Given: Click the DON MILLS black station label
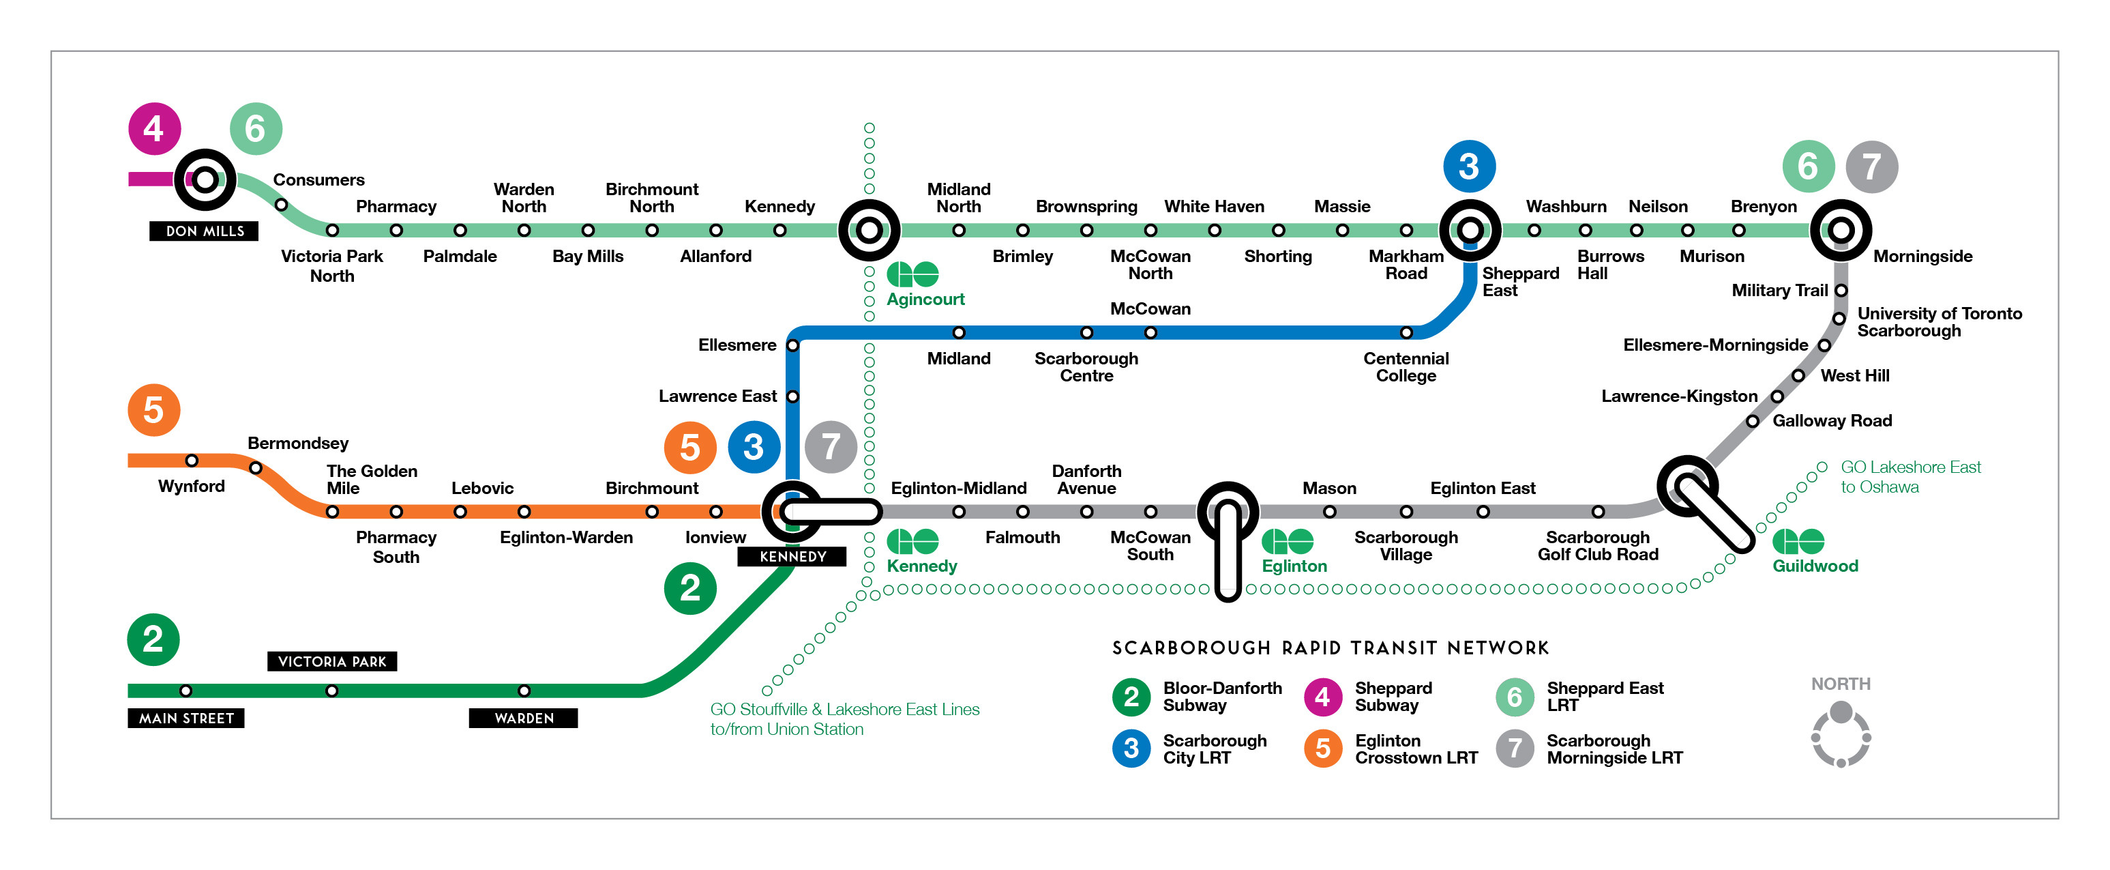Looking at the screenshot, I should click(x=204, y=231).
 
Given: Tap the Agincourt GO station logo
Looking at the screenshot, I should click(x=912, y=274).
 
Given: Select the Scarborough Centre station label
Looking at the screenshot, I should click(x=1086, y=367).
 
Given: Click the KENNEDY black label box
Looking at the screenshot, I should click(x=792, y=556).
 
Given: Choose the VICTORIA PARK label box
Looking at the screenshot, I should click(x=331, y=661).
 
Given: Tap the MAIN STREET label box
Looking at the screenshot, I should click(x=186, y=719).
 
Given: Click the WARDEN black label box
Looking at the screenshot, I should click(x=523, y=719).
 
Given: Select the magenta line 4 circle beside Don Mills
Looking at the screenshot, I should click(x=154, y=128).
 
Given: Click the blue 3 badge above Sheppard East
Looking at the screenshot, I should click(x=1470, y=166).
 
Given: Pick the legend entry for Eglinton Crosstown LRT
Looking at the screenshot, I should click(x=1393, y=749).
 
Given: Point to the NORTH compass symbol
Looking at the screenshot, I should click(x=1841, y=736).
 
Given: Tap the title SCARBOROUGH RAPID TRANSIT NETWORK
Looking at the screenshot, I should click(x=1331, y=648).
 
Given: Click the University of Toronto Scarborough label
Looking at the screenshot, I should click(x=1939, y=322).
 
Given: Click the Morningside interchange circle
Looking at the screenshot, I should click(x=1841, y=230).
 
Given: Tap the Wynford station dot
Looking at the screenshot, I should click(x=192, y=461).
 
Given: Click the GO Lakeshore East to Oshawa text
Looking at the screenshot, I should click(x=1910, y=477).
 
